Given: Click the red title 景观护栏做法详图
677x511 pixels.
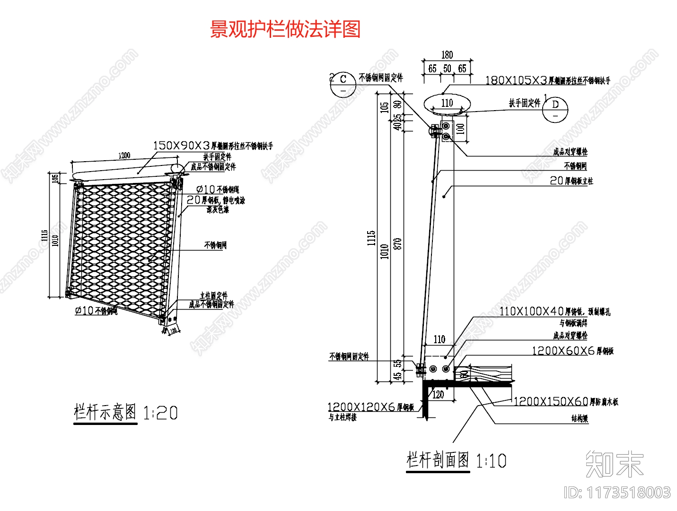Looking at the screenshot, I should pos(285,29).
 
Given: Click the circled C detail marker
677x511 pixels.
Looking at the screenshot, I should pos(343,84).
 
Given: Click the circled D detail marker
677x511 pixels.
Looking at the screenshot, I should pos(555,110).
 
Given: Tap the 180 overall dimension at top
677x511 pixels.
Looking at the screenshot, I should pos(447,55).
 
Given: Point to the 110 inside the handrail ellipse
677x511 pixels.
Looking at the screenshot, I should pos(447,103).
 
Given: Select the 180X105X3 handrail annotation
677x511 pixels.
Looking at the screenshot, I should pos(548,80).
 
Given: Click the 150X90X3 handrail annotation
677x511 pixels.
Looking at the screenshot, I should pos(213,146).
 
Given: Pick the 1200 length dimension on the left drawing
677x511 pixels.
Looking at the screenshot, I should pos(124,156).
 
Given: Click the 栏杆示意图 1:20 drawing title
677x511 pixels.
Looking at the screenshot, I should pos(126,413).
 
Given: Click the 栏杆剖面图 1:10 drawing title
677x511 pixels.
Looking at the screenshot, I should pos(456,460).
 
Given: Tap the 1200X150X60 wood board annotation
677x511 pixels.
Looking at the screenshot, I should pos(566,402).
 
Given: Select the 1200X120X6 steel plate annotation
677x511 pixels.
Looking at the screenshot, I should pos(370,407).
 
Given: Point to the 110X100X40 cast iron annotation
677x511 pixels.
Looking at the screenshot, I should pos(554,312).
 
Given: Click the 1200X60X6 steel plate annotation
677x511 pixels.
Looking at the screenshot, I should pos(572,351).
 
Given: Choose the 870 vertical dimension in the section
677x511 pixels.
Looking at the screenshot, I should pos(398,243).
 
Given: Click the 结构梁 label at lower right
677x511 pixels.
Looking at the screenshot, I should pos(580,418).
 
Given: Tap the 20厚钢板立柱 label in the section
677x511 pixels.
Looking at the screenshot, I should pos(571,181).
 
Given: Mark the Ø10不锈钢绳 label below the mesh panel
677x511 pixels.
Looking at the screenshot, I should pos(96,311).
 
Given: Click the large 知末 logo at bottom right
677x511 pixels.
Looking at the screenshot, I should pos(615,464).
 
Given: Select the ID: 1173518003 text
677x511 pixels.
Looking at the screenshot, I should pos(617,493).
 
